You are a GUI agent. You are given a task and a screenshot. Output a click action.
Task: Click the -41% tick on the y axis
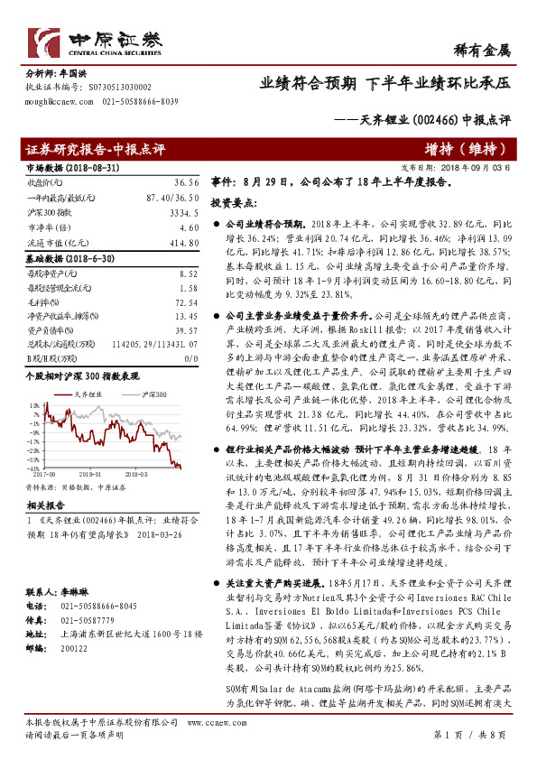point(33,468)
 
